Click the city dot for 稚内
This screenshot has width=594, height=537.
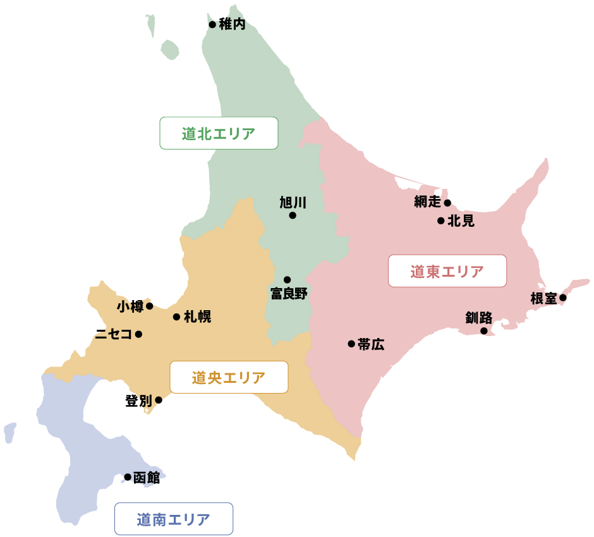tap(212, 25)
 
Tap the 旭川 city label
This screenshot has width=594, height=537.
tap(293, 202)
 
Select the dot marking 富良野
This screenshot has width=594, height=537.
tap(287, 279)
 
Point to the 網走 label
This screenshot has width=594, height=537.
tap(427, 202)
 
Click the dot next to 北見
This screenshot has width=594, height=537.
tap(441, 220)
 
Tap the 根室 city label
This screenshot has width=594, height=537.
tap(544, 298)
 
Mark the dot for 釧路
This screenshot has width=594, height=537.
tap(484, 330)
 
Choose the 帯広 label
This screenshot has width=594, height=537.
tap(371, 344)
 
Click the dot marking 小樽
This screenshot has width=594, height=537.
tap(150, 306)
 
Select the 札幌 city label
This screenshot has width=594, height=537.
tap(197, 317)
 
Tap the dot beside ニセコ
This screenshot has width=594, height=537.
tap(138, 334)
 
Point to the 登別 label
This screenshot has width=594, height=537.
tap(138, 401)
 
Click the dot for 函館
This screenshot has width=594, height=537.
tap(128, 477)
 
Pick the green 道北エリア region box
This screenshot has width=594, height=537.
tap(219, 133)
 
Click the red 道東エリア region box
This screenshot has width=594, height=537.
tap(447, 272)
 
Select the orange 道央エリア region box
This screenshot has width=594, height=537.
tap(229, 377)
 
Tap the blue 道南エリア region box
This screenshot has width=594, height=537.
tap(174, 519)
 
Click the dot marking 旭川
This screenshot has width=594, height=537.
tap(293, 215)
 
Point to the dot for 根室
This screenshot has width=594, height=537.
tap(562, 298)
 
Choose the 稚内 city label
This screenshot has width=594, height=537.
tap(232, 25)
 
